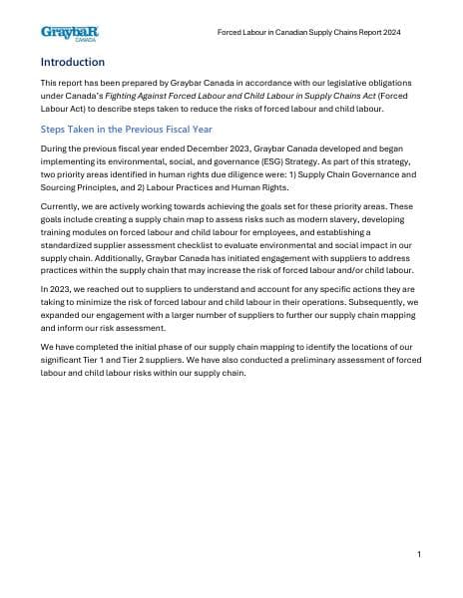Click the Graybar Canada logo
pyautogui.click(x=69, y=34)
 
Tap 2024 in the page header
pyautogui.click(x=389, y=33)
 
